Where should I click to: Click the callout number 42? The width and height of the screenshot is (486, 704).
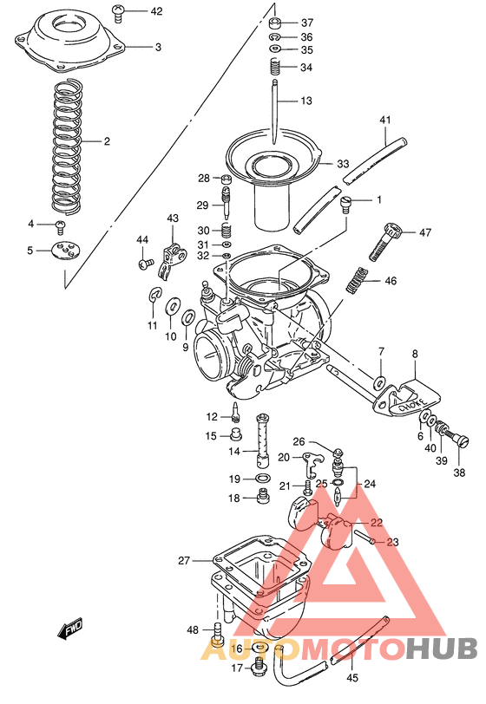[156, 11]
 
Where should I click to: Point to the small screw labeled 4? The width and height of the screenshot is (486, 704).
[61, 225]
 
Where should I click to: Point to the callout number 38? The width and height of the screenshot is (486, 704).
[459, 473]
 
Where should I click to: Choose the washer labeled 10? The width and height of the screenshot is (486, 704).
[173, 306]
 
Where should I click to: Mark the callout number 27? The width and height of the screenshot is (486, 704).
[184, 561]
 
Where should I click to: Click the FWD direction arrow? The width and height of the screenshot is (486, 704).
[70, 630]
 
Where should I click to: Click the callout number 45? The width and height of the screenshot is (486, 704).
[351, 678]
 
